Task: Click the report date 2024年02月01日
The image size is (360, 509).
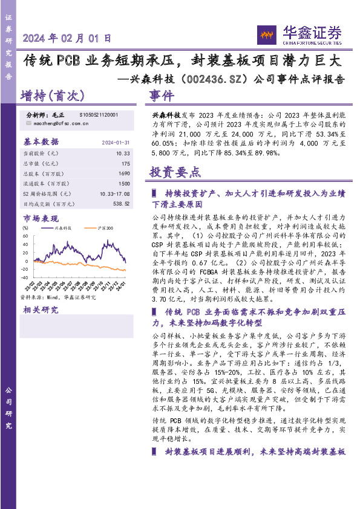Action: point(67,38)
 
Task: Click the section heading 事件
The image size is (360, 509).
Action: point(162,96)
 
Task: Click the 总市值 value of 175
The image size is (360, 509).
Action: point(125,163)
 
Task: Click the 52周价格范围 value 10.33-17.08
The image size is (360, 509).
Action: point(115,193)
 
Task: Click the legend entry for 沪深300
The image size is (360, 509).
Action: point(106,229)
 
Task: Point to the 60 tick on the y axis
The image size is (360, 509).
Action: point(25,235)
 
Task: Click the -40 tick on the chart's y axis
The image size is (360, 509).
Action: point(24,270)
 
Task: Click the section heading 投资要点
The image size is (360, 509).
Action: point(175,172)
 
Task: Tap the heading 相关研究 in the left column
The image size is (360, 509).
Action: point(41,310)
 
